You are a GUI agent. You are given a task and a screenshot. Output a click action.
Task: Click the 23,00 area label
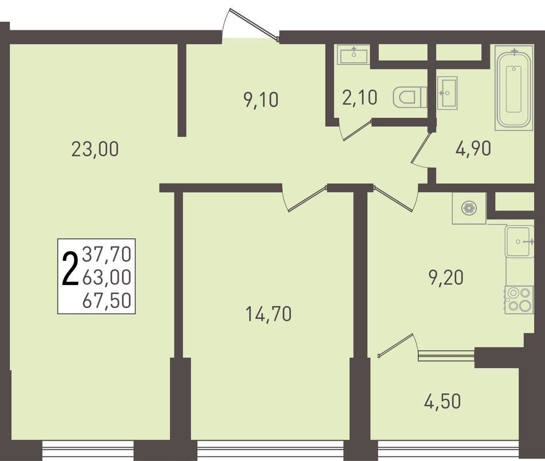click(x=95, y=150)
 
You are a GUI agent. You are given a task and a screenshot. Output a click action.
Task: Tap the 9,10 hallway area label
click(x=261, y=100)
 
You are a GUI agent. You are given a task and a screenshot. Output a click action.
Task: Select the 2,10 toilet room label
click(x=359, y=97)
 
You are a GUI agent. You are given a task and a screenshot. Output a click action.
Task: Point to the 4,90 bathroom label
click(x=473, y=149)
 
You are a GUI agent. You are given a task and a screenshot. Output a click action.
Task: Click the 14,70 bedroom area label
click(x=268, y=314)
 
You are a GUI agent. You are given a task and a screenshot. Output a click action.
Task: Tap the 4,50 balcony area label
click(x=442, y=401)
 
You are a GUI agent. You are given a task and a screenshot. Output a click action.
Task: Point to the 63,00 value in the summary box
click(x=107, y=277)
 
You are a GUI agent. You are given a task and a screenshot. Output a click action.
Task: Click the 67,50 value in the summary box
click(x=107, y=301)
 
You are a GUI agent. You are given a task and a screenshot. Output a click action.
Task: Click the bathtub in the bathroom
click(x=514, y=88)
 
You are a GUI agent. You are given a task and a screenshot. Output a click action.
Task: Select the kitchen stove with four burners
click(x=519, y=300)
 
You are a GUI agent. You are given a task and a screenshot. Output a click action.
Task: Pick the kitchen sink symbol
click(x=520, y=241)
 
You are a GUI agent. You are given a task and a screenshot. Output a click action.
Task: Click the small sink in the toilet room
click(x=354, y=55)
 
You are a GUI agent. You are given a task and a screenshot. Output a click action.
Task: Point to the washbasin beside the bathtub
click(x=447, y=93)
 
